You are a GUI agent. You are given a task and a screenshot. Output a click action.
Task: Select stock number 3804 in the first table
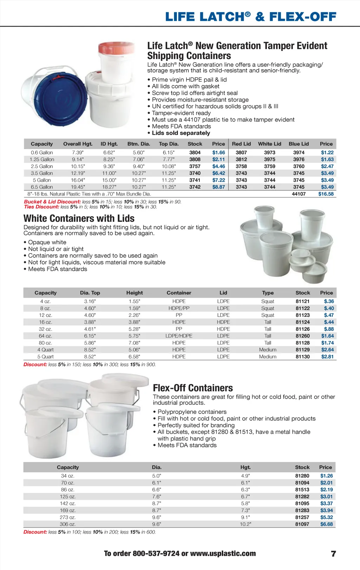tap(195, 153)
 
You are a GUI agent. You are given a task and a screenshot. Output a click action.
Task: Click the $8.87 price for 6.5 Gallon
tap(218, 187)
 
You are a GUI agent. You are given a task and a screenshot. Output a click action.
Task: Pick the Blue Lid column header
tap(298, 144)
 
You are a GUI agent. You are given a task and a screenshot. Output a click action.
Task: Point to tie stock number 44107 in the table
tap(298, 194)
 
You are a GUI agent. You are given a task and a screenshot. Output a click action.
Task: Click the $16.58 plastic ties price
tap(326, 194)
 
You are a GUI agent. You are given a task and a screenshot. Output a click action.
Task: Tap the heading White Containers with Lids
tap(79, 218)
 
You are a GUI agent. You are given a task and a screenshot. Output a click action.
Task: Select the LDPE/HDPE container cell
tap(179, 336)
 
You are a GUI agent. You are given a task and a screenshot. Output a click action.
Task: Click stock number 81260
tap(302, 336)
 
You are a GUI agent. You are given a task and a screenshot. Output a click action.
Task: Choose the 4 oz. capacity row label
tap(45, 301)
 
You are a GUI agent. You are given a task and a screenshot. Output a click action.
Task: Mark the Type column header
tap(268, 293)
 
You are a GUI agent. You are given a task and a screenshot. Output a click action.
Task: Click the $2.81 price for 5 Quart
tap(327, 357)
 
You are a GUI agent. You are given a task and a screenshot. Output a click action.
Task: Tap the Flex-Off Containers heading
tap(193, 388)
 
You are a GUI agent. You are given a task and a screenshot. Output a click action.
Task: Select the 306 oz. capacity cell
tap(67, 524)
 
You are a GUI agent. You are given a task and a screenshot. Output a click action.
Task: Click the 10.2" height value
tap(245, 524)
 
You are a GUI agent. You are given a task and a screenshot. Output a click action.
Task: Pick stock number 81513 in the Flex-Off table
tap(302, 489)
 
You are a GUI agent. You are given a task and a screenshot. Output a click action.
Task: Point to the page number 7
tap(333, 554)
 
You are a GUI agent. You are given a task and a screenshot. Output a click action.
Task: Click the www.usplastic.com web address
tap(223, 553)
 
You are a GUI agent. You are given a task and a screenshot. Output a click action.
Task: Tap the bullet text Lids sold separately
tap(181, 133)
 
